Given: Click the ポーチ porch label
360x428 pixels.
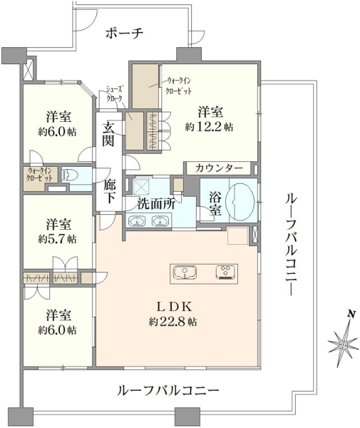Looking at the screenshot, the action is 124,34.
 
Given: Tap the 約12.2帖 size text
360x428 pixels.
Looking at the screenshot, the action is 209,127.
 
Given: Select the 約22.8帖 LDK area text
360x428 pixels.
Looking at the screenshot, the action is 173,322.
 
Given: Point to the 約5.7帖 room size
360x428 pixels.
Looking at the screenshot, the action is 57,239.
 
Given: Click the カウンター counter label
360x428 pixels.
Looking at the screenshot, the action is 219,168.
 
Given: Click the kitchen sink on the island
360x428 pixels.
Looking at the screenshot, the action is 185,273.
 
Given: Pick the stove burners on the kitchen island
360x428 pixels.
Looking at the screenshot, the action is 225,272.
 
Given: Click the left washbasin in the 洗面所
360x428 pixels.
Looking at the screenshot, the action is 137,221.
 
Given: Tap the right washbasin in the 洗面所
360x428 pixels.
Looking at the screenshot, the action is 160,221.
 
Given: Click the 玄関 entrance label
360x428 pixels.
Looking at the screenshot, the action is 108,134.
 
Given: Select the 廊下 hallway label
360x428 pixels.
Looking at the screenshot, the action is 110,192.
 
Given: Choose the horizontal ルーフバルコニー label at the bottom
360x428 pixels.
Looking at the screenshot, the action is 168,391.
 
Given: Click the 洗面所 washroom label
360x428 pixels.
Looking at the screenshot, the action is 156,204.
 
